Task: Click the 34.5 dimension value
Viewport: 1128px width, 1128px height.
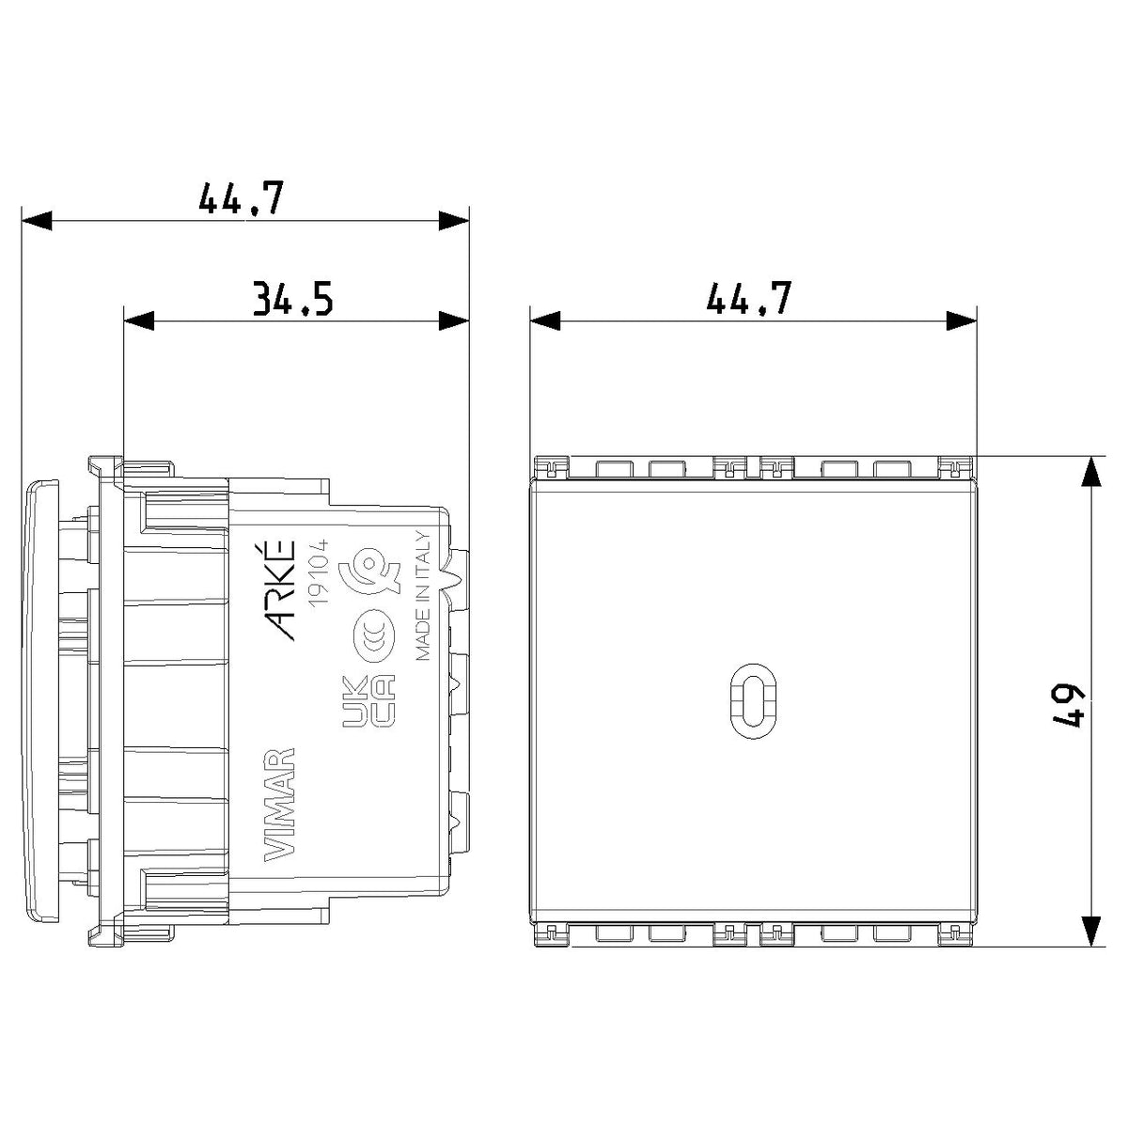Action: (292, 298)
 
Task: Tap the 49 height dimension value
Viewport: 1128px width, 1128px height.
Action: (1069, 707)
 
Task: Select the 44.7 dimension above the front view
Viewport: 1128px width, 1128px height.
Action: (748, 297)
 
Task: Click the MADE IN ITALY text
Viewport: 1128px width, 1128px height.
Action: (423, 596)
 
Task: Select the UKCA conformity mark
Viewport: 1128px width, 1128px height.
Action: (368, 701)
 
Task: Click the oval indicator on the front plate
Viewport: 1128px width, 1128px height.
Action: (753, 702)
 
